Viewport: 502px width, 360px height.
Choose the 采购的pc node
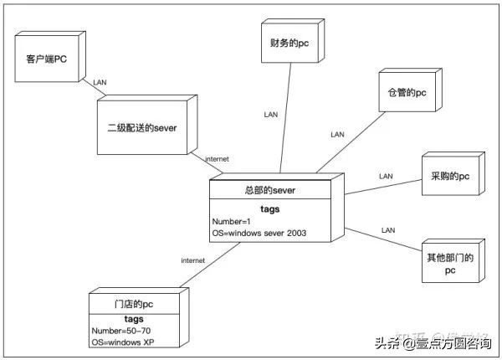(450, 177)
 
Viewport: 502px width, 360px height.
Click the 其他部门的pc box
(450, 265)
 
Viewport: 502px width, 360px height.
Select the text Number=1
(232, 222)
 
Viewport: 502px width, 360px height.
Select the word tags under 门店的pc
(133, 318)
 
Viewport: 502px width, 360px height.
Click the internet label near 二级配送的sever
(217, 159)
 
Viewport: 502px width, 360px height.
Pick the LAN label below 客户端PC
(100, 83)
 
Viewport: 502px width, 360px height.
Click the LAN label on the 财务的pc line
(270, 114)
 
